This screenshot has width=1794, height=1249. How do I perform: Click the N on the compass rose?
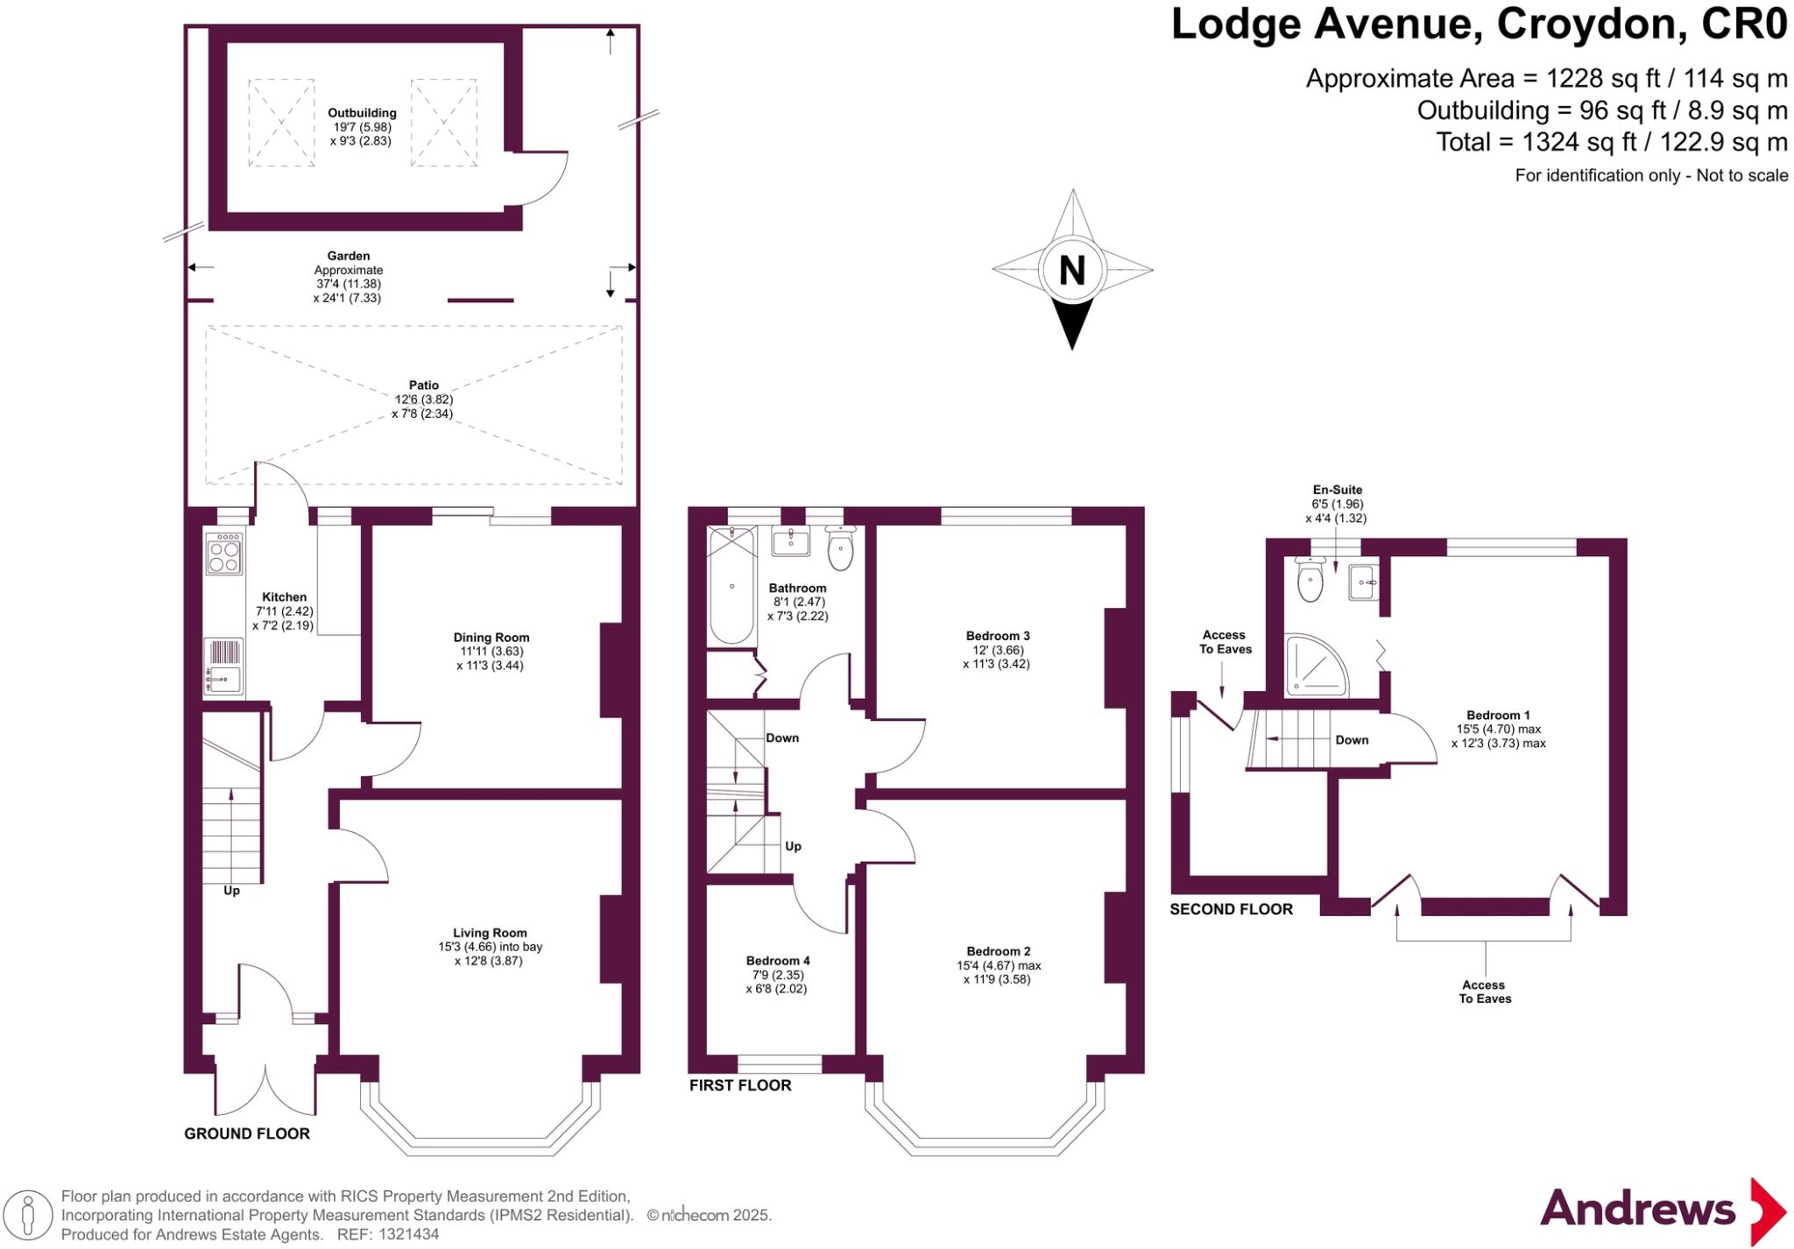(x=1072, y=270)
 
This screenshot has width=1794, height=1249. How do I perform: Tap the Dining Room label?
(x=491, y=638)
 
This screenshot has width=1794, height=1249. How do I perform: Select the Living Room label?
(x=490, y=933)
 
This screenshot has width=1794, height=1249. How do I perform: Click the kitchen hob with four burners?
(x=223, y=554)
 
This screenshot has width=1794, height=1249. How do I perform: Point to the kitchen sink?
(x=224, y=679)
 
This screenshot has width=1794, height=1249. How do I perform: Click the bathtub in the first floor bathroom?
(x=731, y=585)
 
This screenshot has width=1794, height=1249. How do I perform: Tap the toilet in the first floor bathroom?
(x=840, y=549)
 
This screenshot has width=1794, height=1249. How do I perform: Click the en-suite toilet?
(x=1310, y=581)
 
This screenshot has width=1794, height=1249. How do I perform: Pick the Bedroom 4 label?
(x=778, y=961)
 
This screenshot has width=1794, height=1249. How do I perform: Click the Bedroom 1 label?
(x=1498, y=715)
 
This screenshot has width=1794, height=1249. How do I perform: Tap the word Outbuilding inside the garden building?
(x=362, y=113)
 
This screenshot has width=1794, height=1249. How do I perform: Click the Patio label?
(x=423, y=385)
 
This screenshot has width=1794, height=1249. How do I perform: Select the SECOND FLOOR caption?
(x=1231, y=909)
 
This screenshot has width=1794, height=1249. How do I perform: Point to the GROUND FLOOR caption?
(x=247, y=1133)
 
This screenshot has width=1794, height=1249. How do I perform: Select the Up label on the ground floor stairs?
(x=231, y=891)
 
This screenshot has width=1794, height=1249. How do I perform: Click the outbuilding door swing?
(x=540, y=180)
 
